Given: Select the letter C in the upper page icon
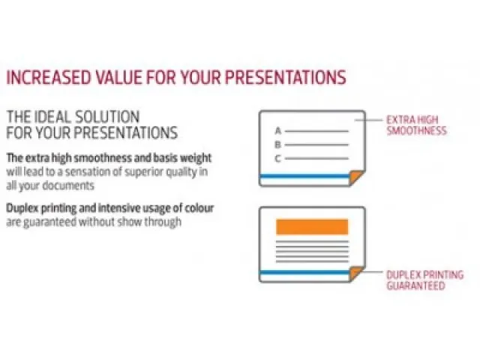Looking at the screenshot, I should tap(277, 158).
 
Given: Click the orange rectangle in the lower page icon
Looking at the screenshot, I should tap(312, 226).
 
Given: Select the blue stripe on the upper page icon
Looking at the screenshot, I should tap(304, 176).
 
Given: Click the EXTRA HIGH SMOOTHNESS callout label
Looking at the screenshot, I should tap(416, 124).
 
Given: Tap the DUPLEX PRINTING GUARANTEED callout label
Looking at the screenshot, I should tap(424, 280).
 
